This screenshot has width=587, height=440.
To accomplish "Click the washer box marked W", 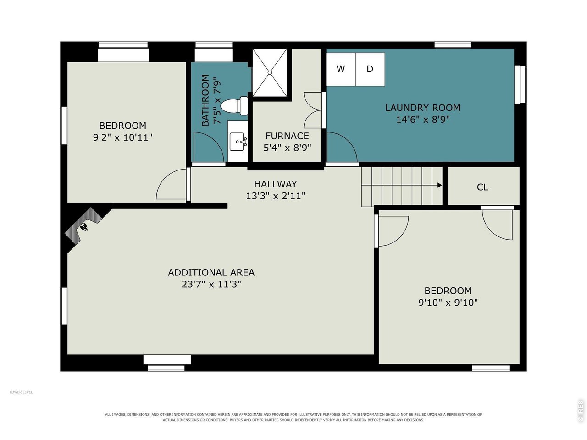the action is (340, 69).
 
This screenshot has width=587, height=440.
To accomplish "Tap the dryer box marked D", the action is (370, 69).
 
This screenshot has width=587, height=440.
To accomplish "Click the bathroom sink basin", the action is (237, 142).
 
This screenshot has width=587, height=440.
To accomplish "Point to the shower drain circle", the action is (270, 72).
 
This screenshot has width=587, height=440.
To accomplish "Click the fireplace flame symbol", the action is (84, 227).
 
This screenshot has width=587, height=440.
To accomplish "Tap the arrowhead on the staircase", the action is (439, 185).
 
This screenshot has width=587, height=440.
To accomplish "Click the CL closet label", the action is (482, 187).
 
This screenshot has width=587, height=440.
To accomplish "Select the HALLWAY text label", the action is (276, 184).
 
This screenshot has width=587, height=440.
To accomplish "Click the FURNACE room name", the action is (287, 136).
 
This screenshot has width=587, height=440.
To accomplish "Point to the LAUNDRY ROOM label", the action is (422, 108).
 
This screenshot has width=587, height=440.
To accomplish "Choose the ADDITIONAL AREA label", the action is (211, 273).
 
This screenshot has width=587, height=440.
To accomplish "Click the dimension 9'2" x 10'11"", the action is (123, 137).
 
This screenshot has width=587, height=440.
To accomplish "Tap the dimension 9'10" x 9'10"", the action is (448, 302).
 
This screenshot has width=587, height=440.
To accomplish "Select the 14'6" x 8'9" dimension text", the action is (423, 120).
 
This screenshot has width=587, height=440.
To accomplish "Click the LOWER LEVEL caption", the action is (21, 392).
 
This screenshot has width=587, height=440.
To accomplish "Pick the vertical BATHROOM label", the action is (205, 100).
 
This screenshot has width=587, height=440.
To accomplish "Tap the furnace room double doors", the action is (313, 110).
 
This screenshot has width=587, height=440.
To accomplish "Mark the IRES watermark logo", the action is (580, 411).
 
